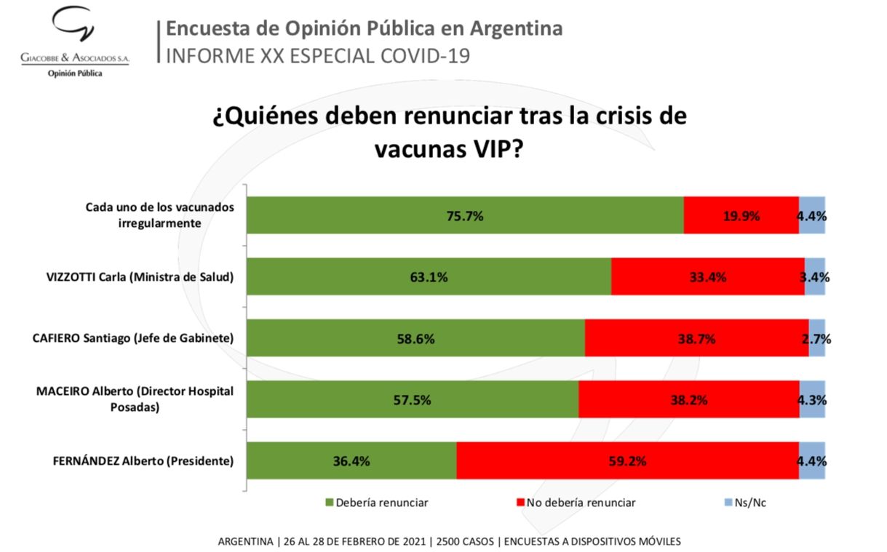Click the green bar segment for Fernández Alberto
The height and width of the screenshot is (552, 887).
click(x=351, y=460)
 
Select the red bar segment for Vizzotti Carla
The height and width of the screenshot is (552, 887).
click(x=707, y=276)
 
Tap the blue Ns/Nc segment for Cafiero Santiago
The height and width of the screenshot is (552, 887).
click(x=816, y=338)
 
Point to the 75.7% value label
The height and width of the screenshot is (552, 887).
click(x=465, y=216)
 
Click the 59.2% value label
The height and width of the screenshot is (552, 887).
click(x=628, y=461)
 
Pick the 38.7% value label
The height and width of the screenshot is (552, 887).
click(x=697, y=339)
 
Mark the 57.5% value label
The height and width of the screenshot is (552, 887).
click(x=412, y=400)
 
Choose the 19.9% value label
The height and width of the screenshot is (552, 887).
click(x=741, y=216)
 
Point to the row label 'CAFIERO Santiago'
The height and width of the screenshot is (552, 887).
click(x=133, y=338)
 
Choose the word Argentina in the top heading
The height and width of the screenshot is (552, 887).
click(x=516, y=28)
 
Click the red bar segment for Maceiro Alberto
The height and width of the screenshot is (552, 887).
click(x=688, y=400)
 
